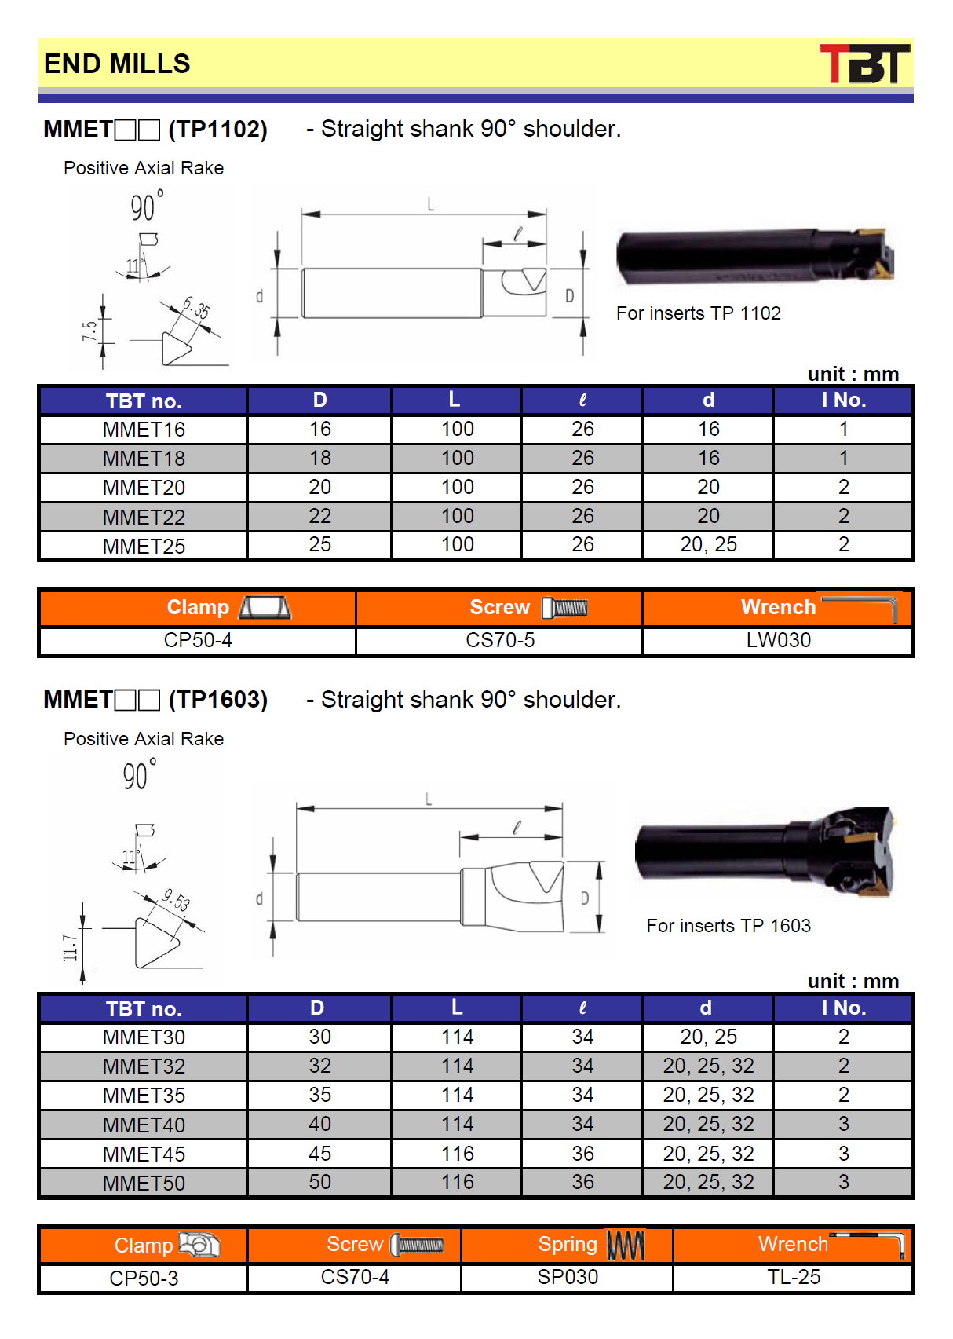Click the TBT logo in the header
coord(864,64)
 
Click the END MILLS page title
coord(117,64)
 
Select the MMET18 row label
coord(144,459)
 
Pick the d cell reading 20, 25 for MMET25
coord(708,544)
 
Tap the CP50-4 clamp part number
coord(198,639)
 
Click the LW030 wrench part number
coord(778,639)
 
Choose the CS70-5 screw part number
coord(500,639)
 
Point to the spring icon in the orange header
coord(626,1245)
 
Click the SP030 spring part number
coord(568,1277)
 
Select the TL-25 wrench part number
coord(794,1277)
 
